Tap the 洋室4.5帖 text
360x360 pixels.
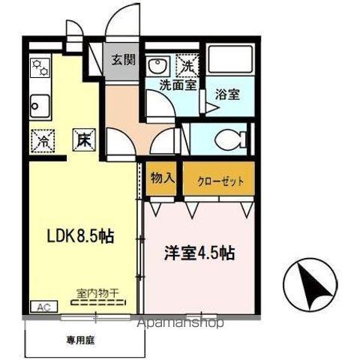pyautogui.click(x=199, y=253)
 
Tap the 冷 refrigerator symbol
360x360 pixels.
pyautogui.click(x=43, y=139)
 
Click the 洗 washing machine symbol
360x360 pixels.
pyautogui.click(x=187, y=64)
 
